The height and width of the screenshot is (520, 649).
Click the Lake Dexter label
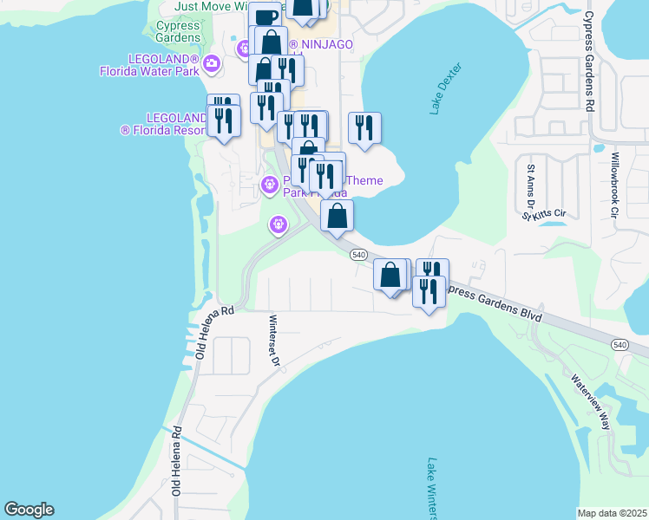tap(447, 89)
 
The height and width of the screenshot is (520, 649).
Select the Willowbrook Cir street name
tap(614, 185)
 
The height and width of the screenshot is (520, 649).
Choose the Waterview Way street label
tap(591, 401)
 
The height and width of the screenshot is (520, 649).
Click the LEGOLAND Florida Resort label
tap(162, 123)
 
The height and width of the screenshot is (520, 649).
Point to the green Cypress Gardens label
tap(180, 32)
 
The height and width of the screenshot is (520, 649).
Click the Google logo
tap(29, 510)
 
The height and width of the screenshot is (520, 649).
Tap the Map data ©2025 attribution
tap(613, 513)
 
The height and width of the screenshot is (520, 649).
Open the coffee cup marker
tap(265, 16)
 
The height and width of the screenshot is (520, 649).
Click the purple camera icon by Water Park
tap(212, 62)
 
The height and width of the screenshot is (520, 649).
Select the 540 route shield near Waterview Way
tap(619, 344)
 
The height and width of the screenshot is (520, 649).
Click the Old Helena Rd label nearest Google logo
tap(176, 459)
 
